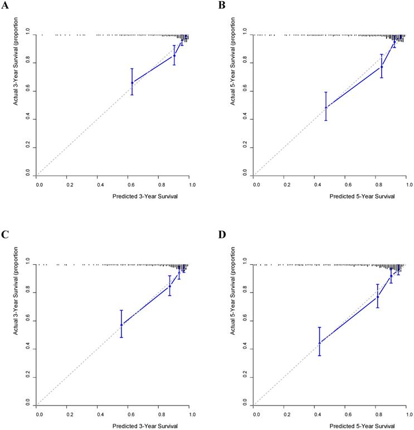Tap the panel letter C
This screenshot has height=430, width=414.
pos(4,234)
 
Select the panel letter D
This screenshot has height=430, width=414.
pos(222,234)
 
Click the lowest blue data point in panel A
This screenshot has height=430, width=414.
pos(132,82)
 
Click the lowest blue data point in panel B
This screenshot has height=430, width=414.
pos(326,107)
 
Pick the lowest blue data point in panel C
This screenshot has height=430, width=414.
pos(121,324)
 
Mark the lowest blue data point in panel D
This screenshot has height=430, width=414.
pos(320,343)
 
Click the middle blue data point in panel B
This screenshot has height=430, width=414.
pos(382,67)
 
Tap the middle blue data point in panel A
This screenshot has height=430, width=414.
pos(174,55)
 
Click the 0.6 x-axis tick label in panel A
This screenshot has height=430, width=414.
pos(130,182)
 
